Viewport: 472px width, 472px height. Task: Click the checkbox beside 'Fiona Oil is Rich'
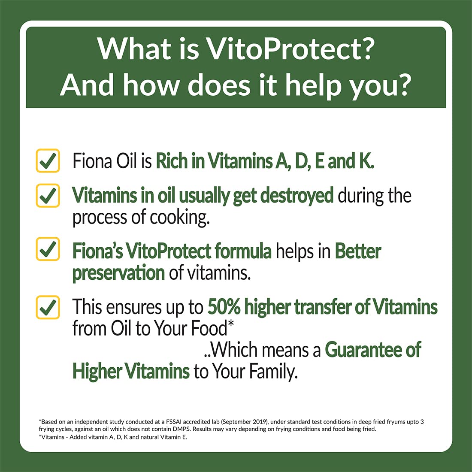(48, 160)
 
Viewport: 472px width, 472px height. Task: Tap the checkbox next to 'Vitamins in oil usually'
(48, 195)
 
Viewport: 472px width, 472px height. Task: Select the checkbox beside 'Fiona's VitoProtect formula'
(48, 248)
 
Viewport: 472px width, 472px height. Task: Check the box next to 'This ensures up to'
(48, 307)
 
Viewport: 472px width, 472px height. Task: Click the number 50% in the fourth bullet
(224, 307)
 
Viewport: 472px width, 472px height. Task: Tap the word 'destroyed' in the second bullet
(297, 195)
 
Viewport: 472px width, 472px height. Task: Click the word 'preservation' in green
(118, 273)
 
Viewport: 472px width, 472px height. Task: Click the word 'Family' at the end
(273, 371)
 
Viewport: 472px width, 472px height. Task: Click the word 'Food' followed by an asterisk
(209, 328)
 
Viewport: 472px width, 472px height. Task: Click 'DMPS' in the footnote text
(182, 429)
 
